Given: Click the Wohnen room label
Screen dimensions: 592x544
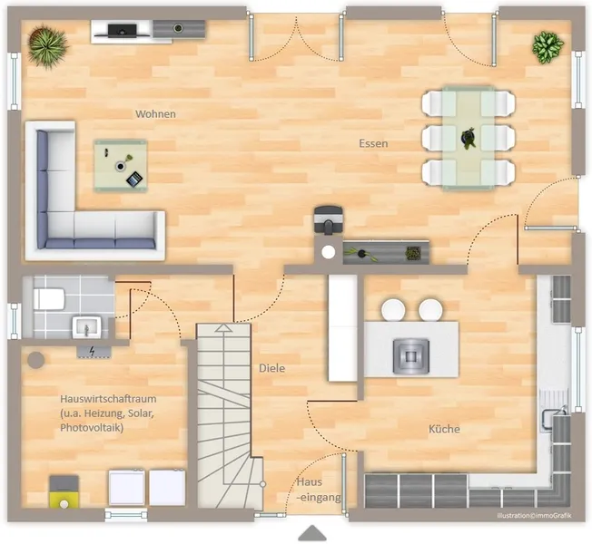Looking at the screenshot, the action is pyautogui.click(x=155, y=114).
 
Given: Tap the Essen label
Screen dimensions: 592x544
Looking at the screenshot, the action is pyautogui.click(x=373, y=143).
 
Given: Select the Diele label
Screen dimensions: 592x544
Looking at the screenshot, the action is pyautogui.click(x=271, y=368).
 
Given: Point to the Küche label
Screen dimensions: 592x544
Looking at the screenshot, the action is pyautogui.click(x=444, y=429).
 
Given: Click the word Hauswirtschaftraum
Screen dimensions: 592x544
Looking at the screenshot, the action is pyautogui.click(x=108, y=399).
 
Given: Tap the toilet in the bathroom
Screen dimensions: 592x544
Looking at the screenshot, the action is pyautogui.click(x=49, y=299).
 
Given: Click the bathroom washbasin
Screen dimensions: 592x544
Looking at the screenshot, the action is pyautogui.click(x=87, y=326).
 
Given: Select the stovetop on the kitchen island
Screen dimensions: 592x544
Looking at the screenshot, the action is pyautogui.click(x=411, y=356).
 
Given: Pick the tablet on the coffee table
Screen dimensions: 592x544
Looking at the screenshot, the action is pyautogui.click(x=134, y=179).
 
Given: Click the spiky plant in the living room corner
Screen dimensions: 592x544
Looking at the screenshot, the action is pyautogui.click(x=47, y=45).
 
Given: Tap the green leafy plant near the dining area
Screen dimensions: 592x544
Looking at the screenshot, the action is pyautogui.click(x=548, y=47).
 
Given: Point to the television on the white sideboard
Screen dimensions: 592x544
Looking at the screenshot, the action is pyautogui.click(x=123, y=30).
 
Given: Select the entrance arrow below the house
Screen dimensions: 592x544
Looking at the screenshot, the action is pyautogui.click(x=311, y=533).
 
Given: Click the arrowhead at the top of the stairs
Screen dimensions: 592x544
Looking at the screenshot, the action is pyautogui.click(x=223, y=328).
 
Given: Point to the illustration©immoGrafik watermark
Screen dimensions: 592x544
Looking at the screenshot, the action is pyautogui.click(x=534, y=515).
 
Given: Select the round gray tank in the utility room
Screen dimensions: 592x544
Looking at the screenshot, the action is pyautogui.click(x=36, y=360).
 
